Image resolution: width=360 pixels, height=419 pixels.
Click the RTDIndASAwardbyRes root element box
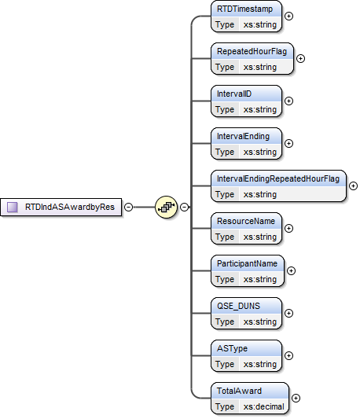[x=63, y=208]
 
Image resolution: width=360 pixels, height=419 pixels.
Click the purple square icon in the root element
[x=13, y=208]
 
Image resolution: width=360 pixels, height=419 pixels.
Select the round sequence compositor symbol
[x=166, y=208]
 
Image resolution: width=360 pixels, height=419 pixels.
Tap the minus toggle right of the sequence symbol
[x=184, y=208]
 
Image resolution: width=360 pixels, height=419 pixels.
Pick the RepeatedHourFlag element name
[x=252, y=52]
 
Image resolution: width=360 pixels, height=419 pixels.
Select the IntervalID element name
[x=235, y=94]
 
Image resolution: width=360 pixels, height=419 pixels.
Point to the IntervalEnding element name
[x=243, y=137]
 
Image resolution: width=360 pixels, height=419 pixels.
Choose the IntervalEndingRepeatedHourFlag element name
[x=278, y=179]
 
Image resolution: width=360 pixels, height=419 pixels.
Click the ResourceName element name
[x=246, y=222]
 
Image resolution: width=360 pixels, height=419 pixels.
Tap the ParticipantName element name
[x=248, y=264]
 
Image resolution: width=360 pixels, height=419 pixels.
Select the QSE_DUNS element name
[x=239, y=307]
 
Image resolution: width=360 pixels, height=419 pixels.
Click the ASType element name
[x=232, y=349]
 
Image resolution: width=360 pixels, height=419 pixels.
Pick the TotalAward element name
[x=240, y=391]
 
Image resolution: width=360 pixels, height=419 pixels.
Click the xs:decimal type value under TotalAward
[x=263, y=406]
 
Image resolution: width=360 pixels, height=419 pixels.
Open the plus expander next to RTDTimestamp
[x=288, y=16]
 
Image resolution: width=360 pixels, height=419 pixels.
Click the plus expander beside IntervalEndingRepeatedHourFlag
[x=353, y=186]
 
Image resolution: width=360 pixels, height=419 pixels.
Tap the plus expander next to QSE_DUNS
[x=288, y=313]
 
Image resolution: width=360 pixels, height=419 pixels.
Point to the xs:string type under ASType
[x=260, y=364]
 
